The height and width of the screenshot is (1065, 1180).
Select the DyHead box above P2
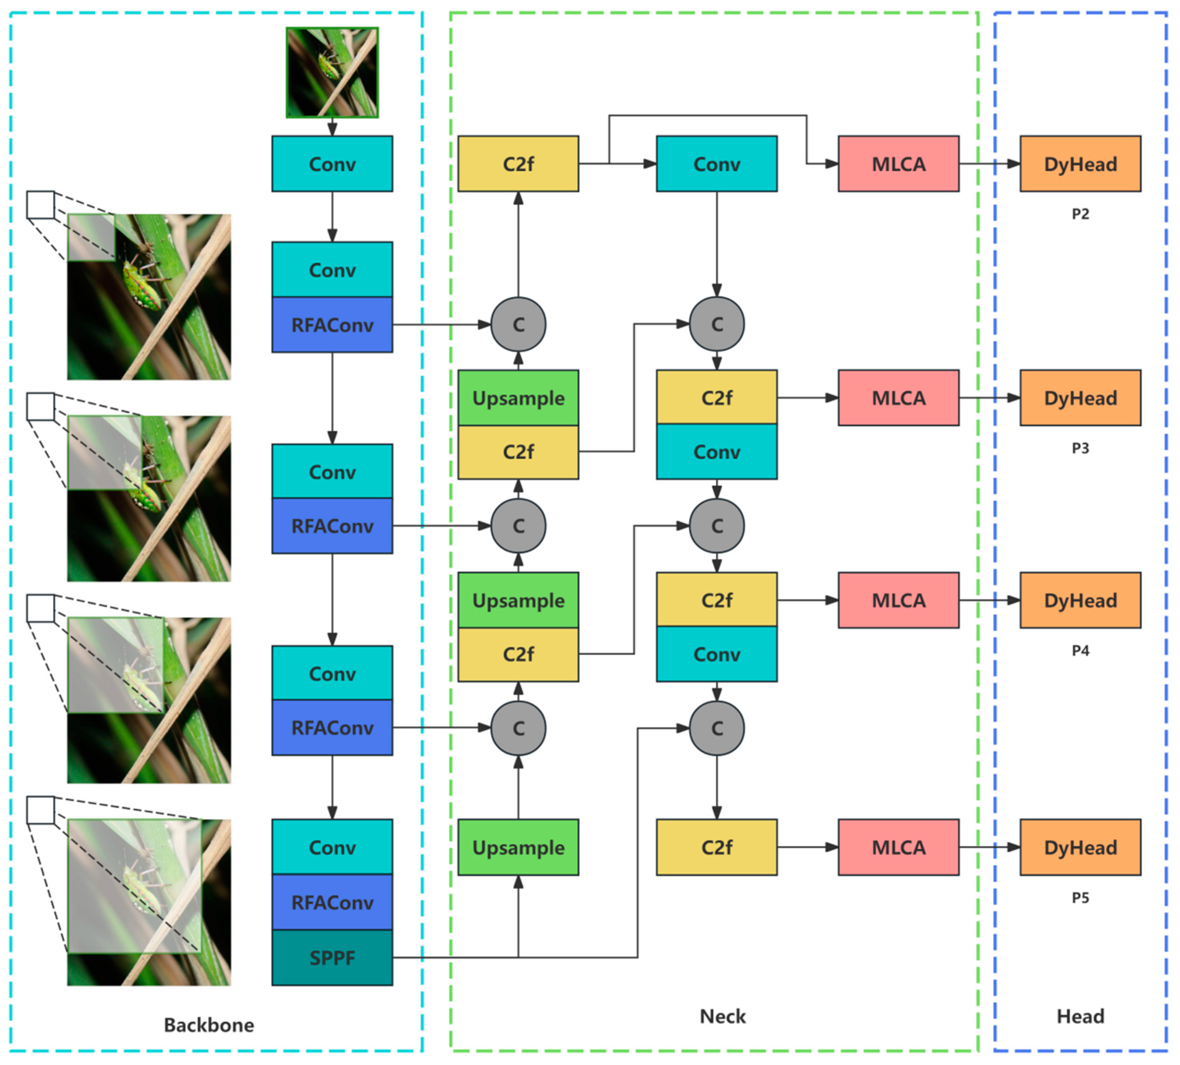point(1080,164)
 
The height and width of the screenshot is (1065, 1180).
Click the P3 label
point(1080,448)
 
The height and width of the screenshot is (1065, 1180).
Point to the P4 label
point(1080,651)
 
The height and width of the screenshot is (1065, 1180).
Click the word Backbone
point(209,1025)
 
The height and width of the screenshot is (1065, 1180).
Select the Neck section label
point(722,1016)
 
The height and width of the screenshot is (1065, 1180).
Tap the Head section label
point(1080,1016)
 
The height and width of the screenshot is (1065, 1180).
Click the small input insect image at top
point(332,73)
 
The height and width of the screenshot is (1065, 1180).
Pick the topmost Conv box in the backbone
point(332,164)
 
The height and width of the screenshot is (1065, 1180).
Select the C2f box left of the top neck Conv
point(518,164)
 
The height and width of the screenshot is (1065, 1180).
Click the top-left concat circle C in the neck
point(518,324)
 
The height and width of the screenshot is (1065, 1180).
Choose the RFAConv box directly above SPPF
point(332,902)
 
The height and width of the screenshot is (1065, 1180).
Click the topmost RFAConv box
point(332,325)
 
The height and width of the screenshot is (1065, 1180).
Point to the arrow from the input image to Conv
point(332,127)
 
